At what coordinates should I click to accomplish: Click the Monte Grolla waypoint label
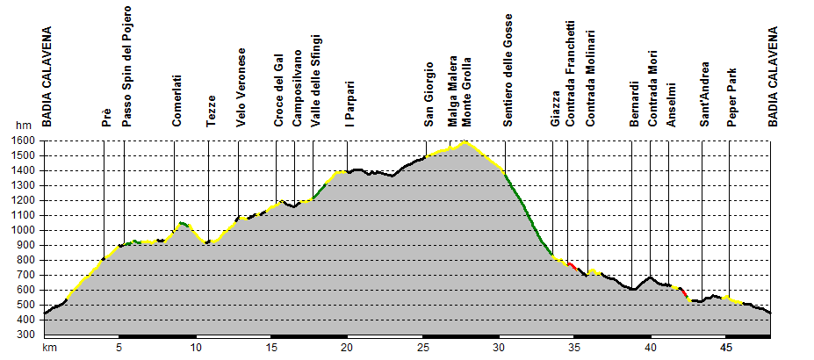point(466,96)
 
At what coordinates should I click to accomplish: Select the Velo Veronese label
point(241,88)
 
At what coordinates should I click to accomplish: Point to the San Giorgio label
point(429,94)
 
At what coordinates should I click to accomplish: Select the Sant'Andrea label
point(705,96)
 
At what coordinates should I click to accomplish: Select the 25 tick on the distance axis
point(423,348)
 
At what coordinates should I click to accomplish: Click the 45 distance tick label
point(726,348)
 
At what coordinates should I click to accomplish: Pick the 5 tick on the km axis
point(119,348)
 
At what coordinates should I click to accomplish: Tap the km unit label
point(50,348)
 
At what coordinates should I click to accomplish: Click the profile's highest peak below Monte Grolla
point(465,141)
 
